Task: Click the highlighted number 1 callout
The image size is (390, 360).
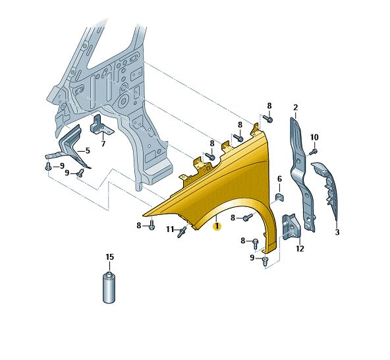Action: [x=217, y=226]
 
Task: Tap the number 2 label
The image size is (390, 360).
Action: [x=296, y=107]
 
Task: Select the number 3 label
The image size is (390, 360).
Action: [x=337, y=232]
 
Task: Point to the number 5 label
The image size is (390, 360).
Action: [x=88, y=150]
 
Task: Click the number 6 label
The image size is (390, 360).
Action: [x=279, y=179]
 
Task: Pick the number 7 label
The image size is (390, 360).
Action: [x=103, y=144]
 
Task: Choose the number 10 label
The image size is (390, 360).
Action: [x=314, y=137]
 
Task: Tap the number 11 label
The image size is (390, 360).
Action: [x=170, y=229]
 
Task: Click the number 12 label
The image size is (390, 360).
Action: [x=300, y=249]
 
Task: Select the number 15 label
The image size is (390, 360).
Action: [x=109, y=257]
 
